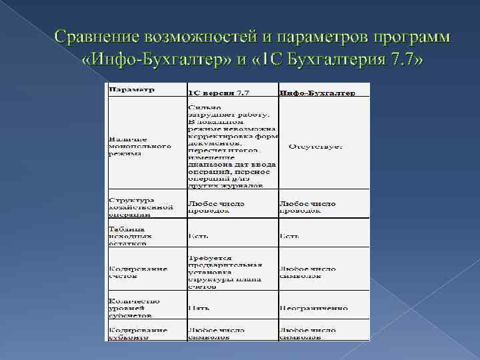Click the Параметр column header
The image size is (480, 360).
(132, 89)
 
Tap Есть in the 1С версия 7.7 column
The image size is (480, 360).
(198, 236)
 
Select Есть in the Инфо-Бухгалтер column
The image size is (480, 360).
(289, 236)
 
